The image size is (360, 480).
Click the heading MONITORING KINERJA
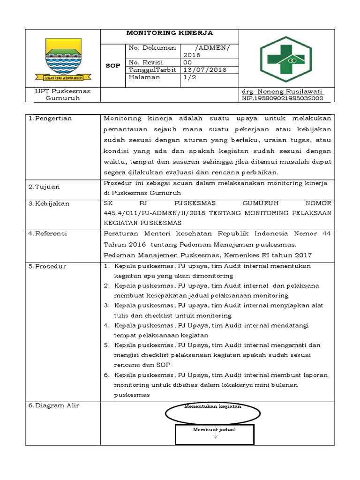[170, 33]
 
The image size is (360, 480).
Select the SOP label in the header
[112, 66]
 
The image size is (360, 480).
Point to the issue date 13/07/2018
[204, 70]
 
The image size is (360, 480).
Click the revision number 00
[187, 62]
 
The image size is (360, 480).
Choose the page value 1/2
[190, 77]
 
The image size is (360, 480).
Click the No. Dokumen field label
[152, 48]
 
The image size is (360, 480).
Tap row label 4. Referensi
[48, 233]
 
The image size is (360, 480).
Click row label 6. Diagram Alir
[53, 405]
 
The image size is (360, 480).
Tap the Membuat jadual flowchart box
[214, 434]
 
